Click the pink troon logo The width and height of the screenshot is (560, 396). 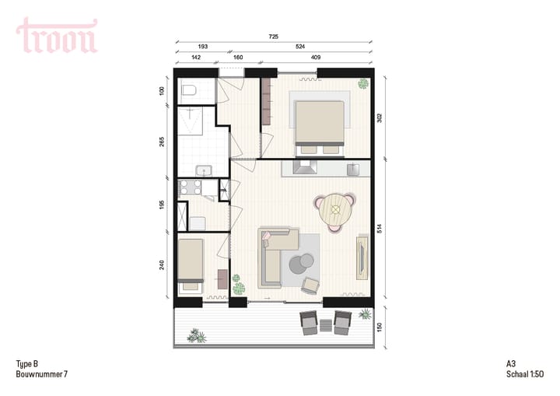point(57,36)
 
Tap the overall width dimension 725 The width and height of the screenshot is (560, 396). point(274,37)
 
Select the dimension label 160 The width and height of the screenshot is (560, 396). point(238,57)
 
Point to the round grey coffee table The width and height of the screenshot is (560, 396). point(301,265)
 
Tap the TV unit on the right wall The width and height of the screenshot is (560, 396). point(362,258)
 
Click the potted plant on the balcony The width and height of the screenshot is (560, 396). point(197,335)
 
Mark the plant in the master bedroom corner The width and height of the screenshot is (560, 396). point(362,83)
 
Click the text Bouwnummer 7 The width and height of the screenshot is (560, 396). point(41,374)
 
